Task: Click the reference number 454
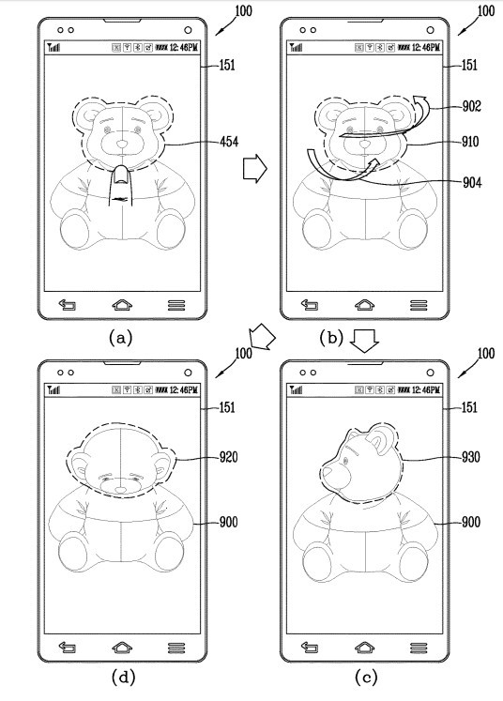229,142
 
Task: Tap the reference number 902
472,106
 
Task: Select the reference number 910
470,142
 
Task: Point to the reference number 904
472,182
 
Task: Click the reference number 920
228,457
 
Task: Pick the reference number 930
471,457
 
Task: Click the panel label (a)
121,338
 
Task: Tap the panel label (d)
123,677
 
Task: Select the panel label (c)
366,677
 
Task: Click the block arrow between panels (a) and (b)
255,169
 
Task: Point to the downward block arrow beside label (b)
364,343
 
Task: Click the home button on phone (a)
122,305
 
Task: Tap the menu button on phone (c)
419,648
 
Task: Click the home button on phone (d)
122,648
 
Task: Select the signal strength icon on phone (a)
53,47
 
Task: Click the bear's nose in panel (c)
328,471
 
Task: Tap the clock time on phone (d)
184,389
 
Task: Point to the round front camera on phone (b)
430,30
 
